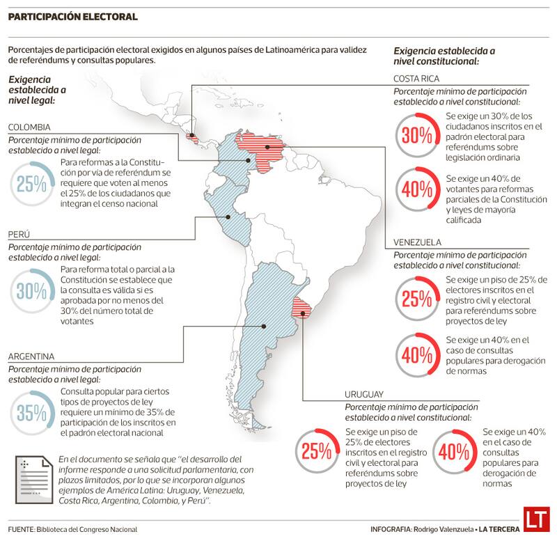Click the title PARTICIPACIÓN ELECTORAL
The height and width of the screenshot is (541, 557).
pos(72,17)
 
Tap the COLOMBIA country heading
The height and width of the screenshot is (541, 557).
pos(29,127)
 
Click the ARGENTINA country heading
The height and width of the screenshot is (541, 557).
pos(31,356)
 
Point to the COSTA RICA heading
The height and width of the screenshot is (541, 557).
pos(416,79)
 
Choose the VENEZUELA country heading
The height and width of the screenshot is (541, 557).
pos(417,242)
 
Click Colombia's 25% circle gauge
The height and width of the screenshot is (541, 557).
pos(32,184)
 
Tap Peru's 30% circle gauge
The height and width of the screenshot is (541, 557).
pos(32,292)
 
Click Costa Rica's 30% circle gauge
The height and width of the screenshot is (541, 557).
pos(416,135)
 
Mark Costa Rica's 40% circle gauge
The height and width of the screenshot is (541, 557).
pos(416,189)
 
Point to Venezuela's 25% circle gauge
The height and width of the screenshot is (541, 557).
pos(416,299)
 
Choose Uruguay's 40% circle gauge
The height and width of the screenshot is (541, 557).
pos(455,451)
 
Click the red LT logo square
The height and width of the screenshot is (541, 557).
pos(535,520)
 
